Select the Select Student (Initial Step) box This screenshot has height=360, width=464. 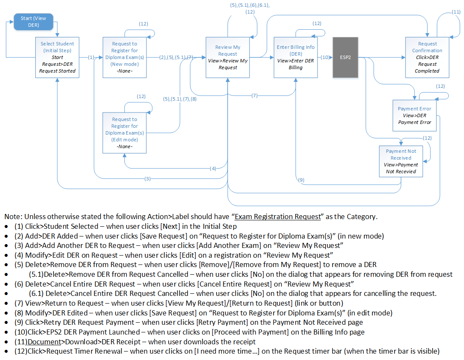click(x=57, y=57)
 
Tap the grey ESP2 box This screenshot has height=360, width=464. click(x=345, y=57)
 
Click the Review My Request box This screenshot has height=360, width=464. click(x=228, y=57)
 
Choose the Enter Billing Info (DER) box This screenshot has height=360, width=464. click(x=295, y=57)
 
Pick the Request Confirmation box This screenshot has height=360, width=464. click(x=427, y=57)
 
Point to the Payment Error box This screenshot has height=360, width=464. click(x=414, y=115)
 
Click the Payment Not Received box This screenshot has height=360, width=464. click(x=401, y=161)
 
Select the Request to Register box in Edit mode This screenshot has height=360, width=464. click(x=124, y=132)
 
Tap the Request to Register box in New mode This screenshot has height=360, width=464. click(x=124, y=57)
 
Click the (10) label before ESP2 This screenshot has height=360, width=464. click(x=325, y=56)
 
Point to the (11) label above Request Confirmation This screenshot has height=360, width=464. click(x=456, y=11)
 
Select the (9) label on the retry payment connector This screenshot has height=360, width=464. click(x=301, y=180)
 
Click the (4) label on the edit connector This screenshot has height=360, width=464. click(x=213, y=169)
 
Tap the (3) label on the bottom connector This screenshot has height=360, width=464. click(x=147, y=179)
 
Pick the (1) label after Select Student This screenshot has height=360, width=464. click(x=91, y=56)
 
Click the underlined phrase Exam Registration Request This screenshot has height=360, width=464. click(x=278, y=217)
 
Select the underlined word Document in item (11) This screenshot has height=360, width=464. click(x=41, y=341)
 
